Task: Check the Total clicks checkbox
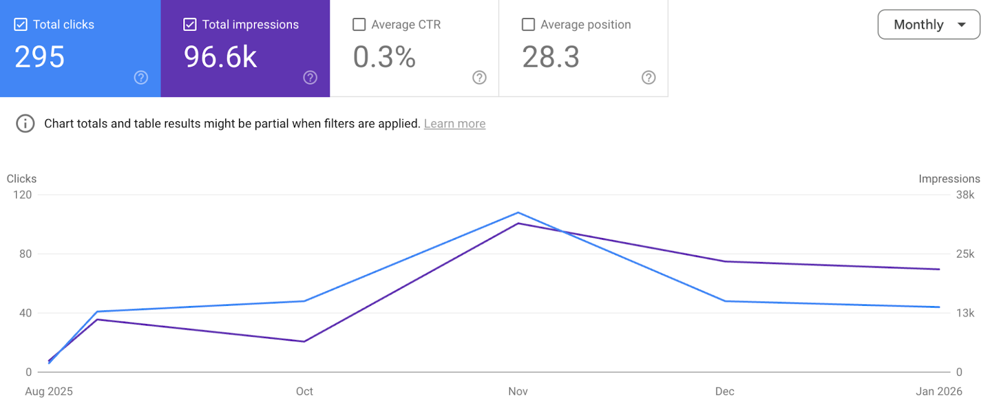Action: pos(21,25)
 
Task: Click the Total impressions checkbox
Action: pos(190,25)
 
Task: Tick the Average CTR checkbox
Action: pos(359,25)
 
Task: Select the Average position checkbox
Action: pos(528,25)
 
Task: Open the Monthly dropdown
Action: pos(928,25)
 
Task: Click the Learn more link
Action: pos(454,124)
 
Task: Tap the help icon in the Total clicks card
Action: pos(141,77)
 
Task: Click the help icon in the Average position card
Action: pos(648,77)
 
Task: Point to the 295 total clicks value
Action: pos(40,57)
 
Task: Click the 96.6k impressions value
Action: pos(220,57)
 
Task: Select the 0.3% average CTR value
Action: pos(384,57)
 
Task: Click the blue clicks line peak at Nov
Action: pos(518,213)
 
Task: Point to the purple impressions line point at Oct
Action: pos(304,341)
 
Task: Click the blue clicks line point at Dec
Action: pos(725,301)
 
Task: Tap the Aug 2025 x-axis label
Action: pos(49,391)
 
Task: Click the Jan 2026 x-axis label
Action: pos(939,391)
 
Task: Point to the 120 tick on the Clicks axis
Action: pos(22,195)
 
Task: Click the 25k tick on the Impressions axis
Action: pos(965,254)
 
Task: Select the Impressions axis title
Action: pos(949,179)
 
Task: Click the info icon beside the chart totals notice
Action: pos(25,124)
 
